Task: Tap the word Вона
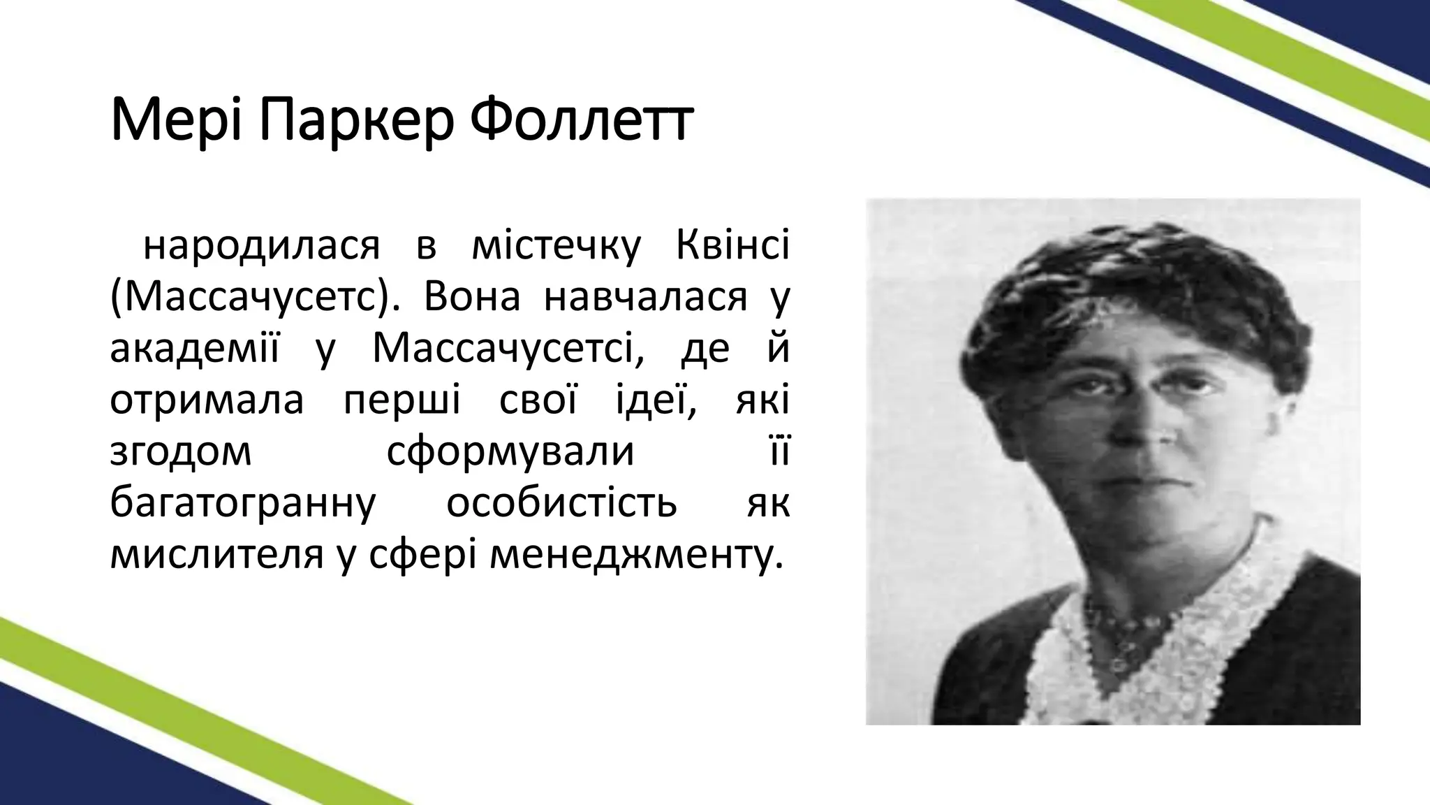tap(472, 296)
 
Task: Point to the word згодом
tap(180, 451)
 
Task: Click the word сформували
tap(510, 451)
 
